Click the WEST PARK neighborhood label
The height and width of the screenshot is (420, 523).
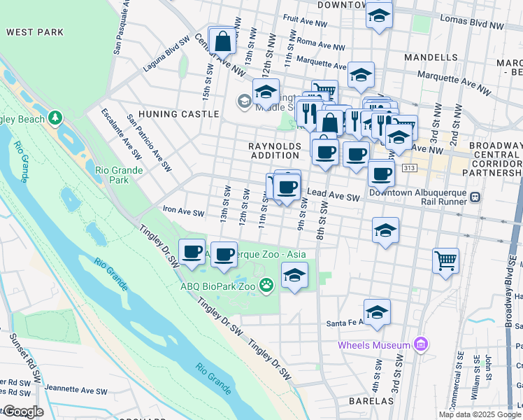point(35,32)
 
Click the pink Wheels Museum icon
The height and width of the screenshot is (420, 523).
point(420,345)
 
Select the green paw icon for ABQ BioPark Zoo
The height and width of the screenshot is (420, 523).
point(266,285)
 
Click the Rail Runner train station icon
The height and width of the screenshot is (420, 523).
point(475,197)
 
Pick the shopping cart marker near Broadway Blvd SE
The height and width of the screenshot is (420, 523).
point(445,261)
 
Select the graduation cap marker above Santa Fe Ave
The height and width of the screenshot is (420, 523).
point(377,311)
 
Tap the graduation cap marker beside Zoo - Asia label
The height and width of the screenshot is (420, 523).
point(295,275)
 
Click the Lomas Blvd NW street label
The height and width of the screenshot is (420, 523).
point(478,25)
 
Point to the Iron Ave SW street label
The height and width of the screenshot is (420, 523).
point(183,212)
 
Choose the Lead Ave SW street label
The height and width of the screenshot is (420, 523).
point(333,199)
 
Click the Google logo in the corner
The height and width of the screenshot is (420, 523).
point(23,411)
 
